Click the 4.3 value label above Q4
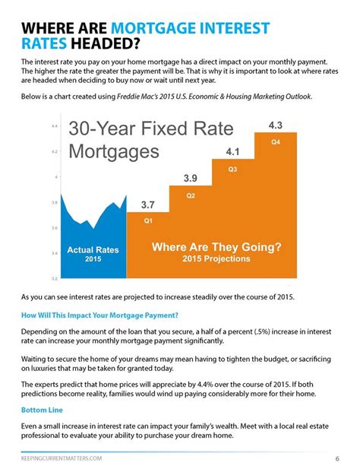point(276,125)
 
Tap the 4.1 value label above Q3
point(232,152)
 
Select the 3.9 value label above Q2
point(190,179)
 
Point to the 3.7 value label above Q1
point(147,204)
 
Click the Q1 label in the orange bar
point(148,220)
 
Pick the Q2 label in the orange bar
point(191,195)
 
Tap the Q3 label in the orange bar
point(232,169)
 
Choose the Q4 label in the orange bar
point(276,142)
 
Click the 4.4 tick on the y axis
point(55,126)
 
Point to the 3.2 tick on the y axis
point(55,279)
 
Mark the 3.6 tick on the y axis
point(55,228)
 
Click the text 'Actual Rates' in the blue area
point(93,250)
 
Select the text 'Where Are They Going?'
point(216,247)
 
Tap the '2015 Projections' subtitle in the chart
point(216,258)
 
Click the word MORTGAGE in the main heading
point(153,28)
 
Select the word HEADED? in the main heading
point(105,43)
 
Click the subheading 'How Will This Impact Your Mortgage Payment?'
point(99,315)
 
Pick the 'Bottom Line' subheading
point(42,411)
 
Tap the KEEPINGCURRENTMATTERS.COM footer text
point(62,458)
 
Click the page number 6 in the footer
point(337,458)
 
